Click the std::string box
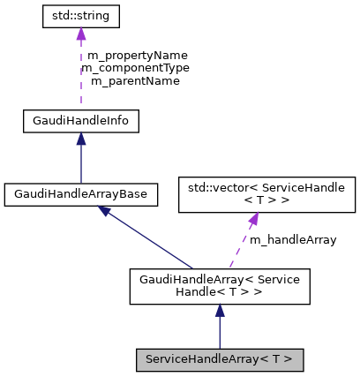[81, 17]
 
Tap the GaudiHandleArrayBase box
[81, 193]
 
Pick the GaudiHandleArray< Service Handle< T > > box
[220, 286]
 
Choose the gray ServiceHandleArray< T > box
[220, 359]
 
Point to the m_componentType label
[134, 67]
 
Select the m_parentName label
[134, 80]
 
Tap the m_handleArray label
[292, 240]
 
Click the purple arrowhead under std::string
[81, 35]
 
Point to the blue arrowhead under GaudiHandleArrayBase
[105, 211]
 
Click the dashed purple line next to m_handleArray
[240, 245]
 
